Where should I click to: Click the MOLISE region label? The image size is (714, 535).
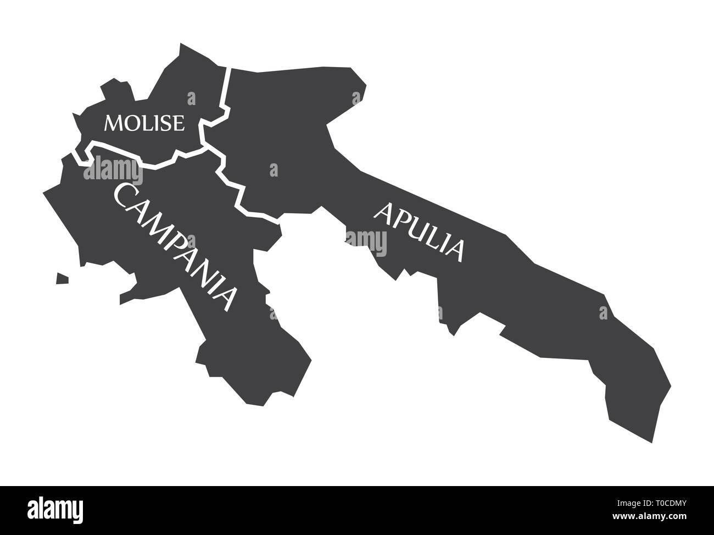144,123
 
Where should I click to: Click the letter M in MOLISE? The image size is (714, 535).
114,123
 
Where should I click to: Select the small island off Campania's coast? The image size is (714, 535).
62,279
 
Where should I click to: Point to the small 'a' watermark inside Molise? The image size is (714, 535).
191,99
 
